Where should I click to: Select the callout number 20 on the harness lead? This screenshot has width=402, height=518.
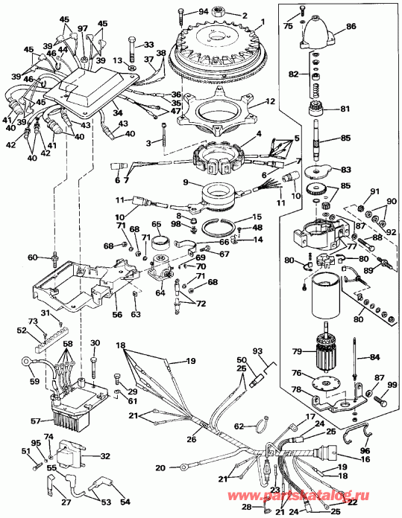point(160,469)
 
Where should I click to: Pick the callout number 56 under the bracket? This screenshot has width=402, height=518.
point(116,315)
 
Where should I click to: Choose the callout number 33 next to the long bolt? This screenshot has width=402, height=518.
point(148,45)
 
